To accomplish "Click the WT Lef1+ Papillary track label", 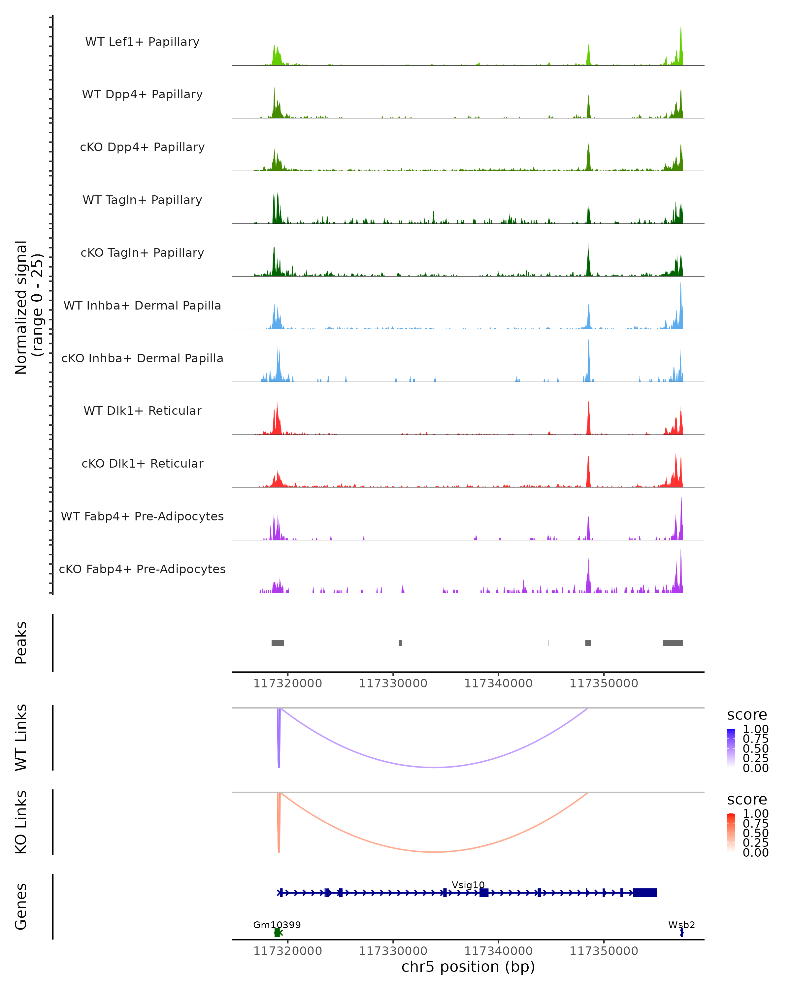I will (142, 42).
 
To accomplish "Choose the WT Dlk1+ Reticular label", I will (142, 411).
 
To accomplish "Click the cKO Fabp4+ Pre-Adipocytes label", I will (142, 569).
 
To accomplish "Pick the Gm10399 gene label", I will (277, 925).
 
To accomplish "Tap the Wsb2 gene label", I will (681, 925).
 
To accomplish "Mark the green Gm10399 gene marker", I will (277, 933).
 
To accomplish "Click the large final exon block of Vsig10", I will (644, 893).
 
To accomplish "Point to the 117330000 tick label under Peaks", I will (393, 683).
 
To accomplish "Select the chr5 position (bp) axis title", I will (468, 967).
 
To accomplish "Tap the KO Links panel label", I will (21, 822).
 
